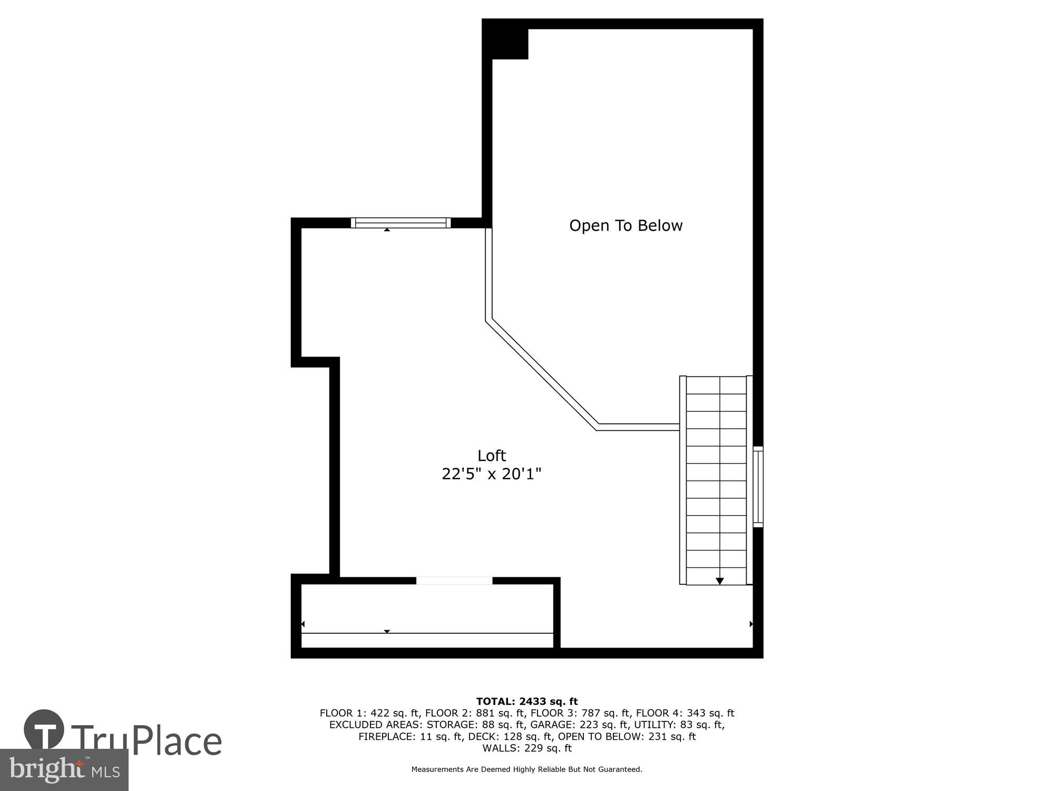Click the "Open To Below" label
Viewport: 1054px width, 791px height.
[x=626, y=226]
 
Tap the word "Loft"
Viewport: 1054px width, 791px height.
[x=492, y=456]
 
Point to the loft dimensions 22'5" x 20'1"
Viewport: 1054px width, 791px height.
[x=492, y=474]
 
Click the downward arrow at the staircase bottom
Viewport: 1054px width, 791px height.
[x=719, y=581]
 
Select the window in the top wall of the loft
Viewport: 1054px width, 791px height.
[x=401, y=223]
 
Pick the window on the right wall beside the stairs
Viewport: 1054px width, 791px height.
[x=758, y=486]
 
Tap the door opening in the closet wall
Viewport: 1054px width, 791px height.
[x=454, y=581]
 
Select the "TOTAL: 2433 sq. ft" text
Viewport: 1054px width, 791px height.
[x=527, y=701]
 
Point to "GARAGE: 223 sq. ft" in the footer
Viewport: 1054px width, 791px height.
[x=579, y=725]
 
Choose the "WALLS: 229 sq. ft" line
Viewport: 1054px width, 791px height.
[x=527, y=748]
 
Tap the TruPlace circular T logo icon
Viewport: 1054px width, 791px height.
[x=44, y=729]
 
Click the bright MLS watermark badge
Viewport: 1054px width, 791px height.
[x=64, y=770]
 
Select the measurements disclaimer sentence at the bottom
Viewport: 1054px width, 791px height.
[x=527, y=769]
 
